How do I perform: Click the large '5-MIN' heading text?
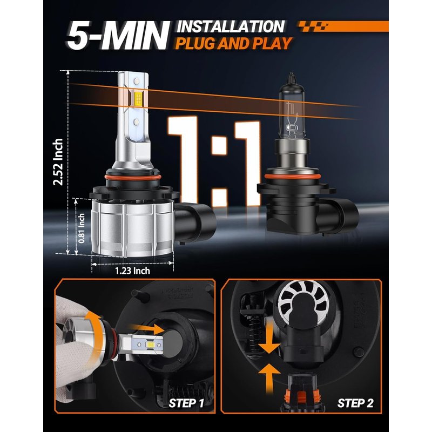(118, 35)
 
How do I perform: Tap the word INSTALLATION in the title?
(231, 26)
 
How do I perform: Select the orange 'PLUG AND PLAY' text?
(233, 44)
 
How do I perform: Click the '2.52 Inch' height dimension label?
(58, 161)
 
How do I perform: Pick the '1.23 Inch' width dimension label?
(132, 271)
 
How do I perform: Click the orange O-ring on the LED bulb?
(133, 177)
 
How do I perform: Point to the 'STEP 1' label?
(186, 403)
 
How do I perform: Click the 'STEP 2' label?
(355, 403)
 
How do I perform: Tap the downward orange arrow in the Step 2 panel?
(269, 340)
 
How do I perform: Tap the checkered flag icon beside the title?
(313, 26)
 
